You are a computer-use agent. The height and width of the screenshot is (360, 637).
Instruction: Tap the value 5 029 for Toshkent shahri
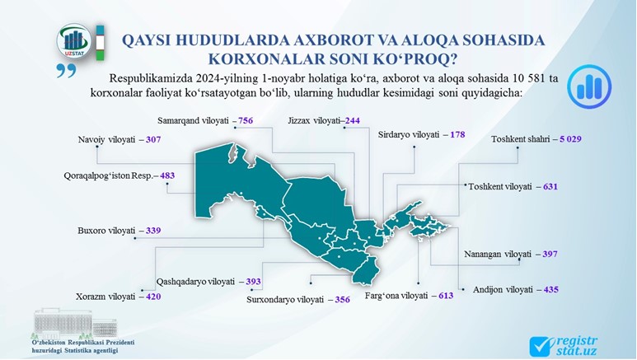[x=570, y=139]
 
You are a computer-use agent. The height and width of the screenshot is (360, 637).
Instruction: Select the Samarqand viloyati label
[x=193, y=120]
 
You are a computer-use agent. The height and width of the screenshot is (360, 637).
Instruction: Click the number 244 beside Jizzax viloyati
[x=352, y=120]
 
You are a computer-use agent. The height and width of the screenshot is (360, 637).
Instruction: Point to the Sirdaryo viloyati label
[x=409, y=134]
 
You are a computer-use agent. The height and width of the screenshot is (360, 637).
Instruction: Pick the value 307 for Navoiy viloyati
[x=153, y=140]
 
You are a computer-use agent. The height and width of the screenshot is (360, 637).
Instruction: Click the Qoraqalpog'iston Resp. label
[x=109, y=176]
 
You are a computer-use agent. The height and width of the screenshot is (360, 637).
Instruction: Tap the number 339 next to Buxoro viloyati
[x=153, y=231]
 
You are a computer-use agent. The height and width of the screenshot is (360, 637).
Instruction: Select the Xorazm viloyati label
[x=105, y=297]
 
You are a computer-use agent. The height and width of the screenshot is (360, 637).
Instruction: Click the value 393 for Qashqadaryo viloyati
[x=254, y=282]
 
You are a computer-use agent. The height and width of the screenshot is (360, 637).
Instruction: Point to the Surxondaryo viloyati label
[x=285, y=300]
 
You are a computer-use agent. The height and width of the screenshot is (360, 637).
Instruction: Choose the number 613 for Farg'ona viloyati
[x=446, y=296]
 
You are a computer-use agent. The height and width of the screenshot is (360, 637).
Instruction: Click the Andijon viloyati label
[x=503, y=290]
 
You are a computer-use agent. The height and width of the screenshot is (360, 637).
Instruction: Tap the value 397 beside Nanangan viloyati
[x=550, y=255]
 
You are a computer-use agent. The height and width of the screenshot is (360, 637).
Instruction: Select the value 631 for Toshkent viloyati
[x=550, y=187]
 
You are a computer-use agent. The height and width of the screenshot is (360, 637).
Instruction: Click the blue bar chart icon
[x=589, y=86]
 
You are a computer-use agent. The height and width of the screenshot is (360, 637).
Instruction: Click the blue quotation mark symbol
[x=67, y=71]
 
